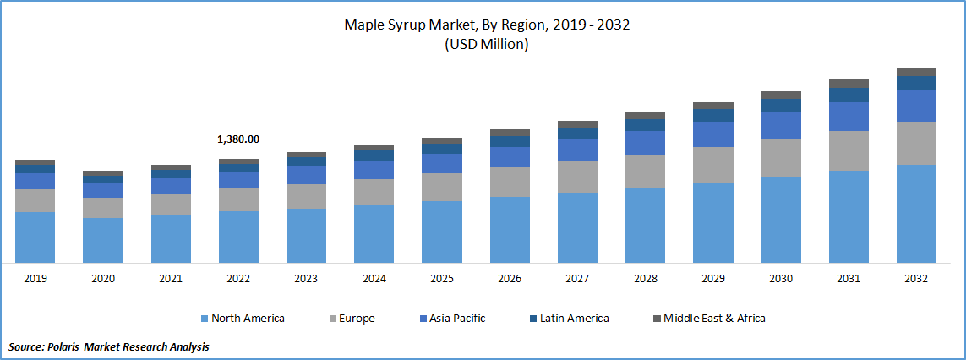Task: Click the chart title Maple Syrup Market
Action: pos(486,25)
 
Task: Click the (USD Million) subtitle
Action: pos(486,45)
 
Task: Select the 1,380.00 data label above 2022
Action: pos(238,139)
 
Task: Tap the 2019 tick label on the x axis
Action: pos(35,279)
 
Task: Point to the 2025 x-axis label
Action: pos(442,279)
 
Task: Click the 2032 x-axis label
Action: pos(916,279)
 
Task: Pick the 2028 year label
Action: pos(645,279)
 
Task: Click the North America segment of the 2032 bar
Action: pos(916,213)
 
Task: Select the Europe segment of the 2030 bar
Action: pos(781,157)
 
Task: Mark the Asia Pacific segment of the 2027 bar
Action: pos(577,150)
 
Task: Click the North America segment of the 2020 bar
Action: pos(103,240)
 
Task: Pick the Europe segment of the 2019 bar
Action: pos(35,200)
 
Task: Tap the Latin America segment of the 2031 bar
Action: pos(849,95)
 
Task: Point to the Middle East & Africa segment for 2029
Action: pos(713,106)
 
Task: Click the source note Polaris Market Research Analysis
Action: pos(109,346)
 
